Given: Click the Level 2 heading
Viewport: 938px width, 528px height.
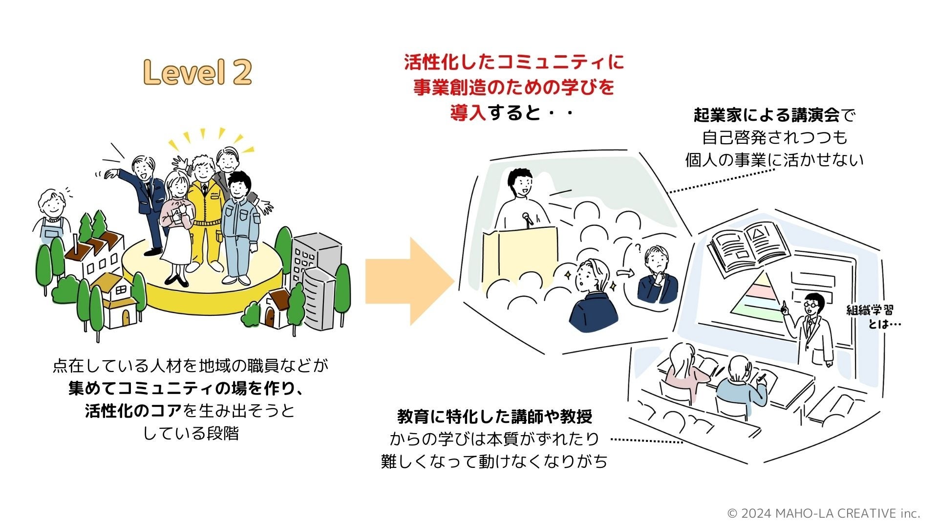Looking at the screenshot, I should (198, 72).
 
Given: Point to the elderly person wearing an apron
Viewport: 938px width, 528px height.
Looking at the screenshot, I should (52, 215).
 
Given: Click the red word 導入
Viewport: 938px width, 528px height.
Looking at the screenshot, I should (468, 113).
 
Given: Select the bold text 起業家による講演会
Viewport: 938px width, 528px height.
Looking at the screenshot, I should (767, 115).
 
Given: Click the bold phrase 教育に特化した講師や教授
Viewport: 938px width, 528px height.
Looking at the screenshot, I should (494, 417).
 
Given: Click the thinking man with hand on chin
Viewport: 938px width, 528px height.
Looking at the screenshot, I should (657, 276).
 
